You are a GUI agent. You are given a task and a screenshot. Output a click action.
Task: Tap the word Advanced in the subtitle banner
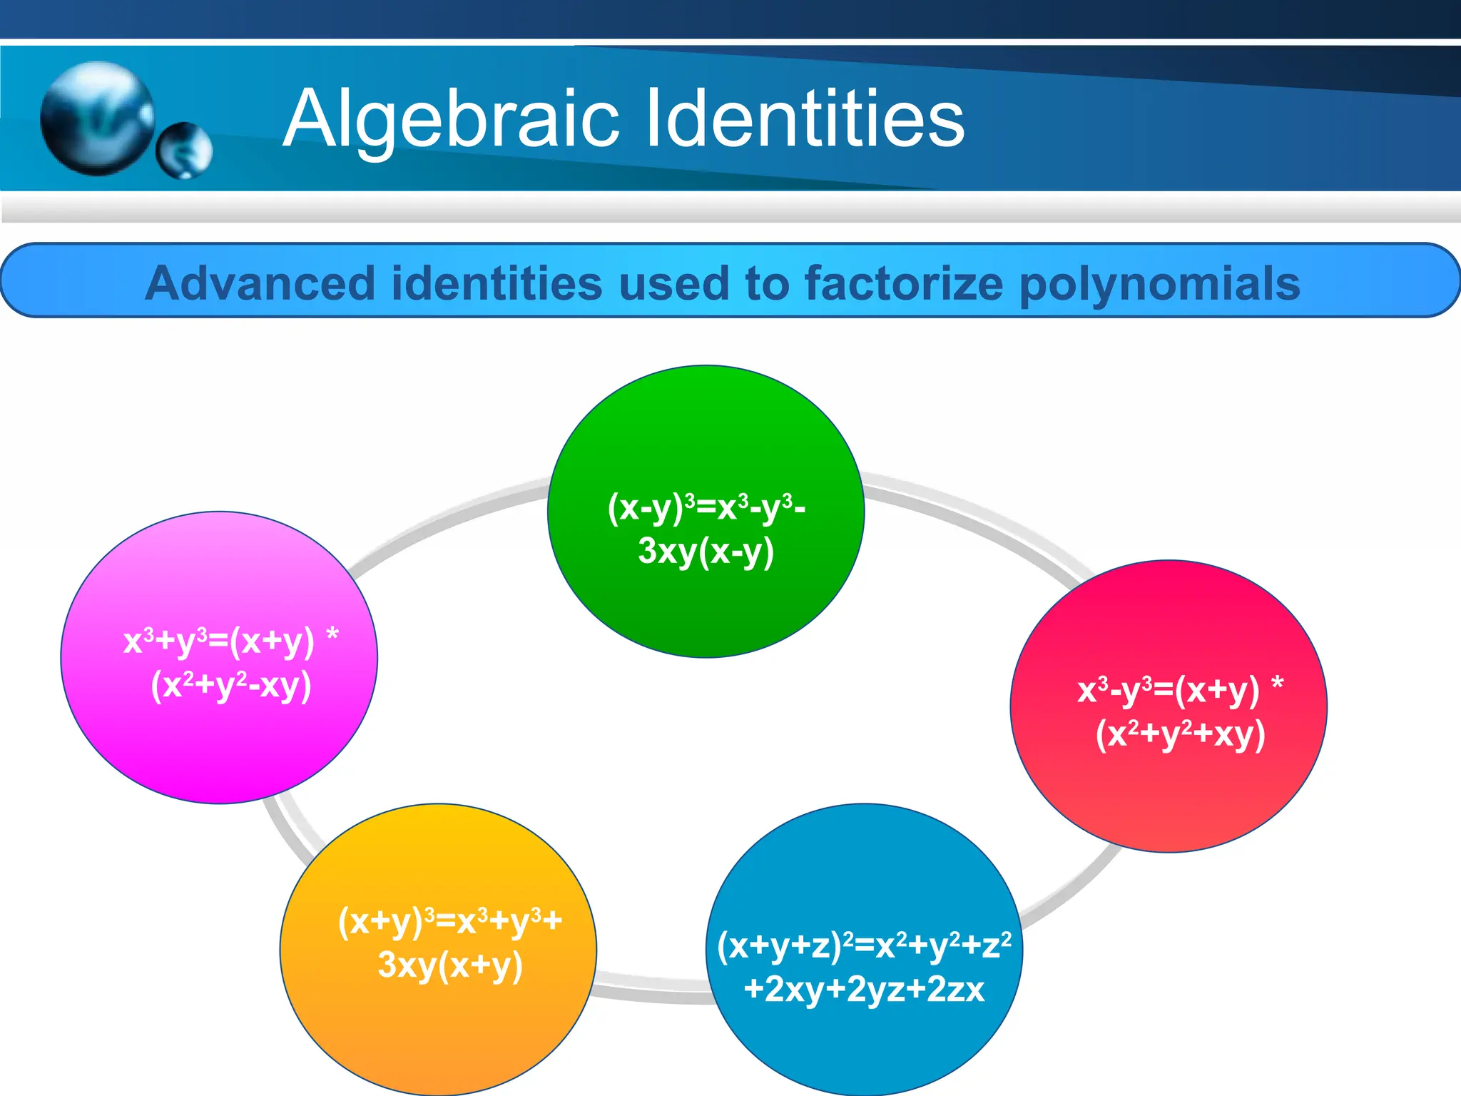tap(261, 283)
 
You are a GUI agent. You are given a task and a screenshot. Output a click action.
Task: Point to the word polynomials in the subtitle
tap(1160, 283)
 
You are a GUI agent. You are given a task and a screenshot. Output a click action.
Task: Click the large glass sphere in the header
tap(96, 118)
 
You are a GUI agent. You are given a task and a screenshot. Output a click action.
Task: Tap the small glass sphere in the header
tap(184, 151)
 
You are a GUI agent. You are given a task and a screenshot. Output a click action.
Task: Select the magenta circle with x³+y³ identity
tap(218, 742)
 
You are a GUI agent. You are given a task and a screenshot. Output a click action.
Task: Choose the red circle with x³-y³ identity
tap(1169, 792)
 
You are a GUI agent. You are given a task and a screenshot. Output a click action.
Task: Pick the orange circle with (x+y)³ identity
tap(438, 1027)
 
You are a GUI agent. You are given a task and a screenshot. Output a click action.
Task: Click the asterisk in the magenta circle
tap(332, 634)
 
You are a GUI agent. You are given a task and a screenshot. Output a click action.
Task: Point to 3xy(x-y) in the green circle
tap(706, 552)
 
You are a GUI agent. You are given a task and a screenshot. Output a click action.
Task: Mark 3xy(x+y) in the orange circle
tap(450, 965)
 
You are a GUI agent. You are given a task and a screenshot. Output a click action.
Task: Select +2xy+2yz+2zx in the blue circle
tap(864, 990)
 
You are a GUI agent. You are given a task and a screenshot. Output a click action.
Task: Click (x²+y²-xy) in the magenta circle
tap(231, 686)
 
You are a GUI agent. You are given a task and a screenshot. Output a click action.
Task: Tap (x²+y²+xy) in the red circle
tap(1181, 734)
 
